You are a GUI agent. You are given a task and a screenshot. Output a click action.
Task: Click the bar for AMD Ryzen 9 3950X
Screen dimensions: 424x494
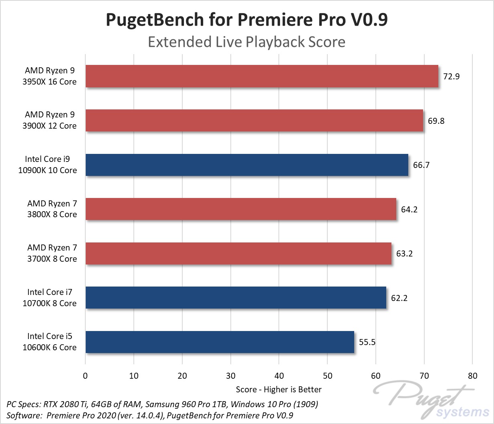pyautogui.click(x=262, y=76)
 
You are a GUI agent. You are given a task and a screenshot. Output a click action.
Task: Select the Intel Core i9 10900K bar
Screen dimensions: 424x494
pyautogui.click(x=247, y=165)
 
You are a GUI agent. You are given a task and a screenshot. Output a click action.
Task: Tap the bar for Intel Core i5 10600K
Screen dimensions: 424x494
pyautogui.click(x=220, y=342)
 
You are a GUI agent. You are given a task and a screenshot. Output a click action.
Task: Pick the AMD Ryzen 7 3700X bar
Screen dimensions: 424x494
pyautogui.click(x=238, y=253)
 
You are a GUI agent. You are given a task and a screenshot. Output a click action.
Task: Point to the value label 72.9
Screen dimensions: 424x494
pyautogui.click(x=451, y=77)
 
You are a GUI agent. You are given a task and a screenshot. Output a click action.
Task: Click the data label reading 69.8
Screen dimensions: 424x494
pyautogui.click(x=436, y=121)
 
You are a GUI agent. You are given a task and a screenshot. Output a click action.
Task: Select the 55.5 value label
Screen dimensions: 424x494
pyautogui.click(x=367, y=342)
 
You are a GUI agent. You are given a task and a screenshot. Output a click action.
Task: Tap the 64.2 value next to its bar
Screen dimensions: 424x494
pyautogui.click(x=409, y=210)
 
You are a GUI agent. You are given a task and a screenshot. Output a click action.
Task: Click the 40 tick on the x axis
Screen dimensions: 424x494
pyautogui.click(x=279, y=376)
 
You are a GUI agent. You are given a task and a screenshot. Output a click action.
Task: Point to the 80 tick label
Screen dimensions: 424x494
pyautogui.click(x=472, y=376)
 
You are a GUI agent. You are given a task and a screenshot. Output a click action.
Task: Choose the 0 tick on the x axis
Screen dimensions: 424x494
pyautogui.click(x=85, y=376)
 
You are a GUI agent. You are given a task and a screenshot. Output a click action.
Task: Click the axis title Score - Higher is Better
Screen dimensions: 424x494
pyautogui.click(x=278, y=390)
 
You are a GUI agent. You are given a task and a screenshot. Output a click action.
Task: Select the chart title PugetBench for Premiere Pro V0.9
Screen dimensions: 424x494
pyautogui.click(x=247, y=20)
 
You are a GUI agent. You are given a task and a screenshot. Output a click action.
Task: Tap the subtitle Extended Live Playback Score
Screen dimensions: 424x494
pyautogui.click(x=247, y=42)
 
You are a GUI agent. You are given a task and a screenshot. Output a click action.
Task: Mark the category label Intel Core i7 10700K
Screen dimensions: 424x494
pyautogui.click(x=50, y=298)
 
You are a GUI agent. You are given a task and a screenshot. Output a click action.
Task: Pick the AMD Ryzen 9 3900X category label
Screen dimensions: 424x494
pyautogui.click(x=50, y=120)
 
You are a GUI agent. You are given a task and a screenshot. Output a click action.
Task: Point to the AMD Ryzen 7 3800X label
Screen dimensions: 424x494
pyautogui.click(x=52, y=209)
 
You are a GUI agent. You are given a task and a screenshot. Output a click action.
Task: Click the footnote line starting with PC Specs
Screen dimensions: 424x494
pyautogui.click(x=162, y=404)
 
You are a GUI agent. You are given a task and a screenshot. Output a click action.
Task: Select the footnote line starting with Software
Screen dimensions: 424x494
pyautogui.click(x=150, y=416)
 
